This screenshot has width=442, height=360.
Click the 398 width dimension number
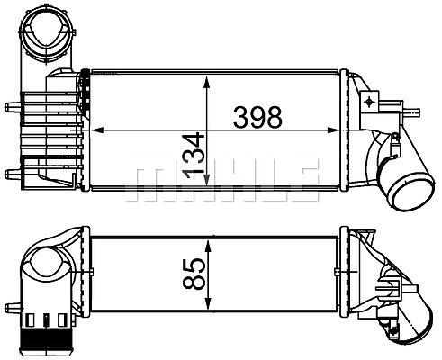coord(257,117)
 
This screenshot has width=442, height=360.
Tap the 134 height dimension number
coord(194,156)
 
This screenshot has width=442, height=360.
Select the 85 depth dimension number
coord(194,274)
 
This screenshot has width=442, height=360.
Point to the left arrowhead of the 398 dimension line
coord(96,130)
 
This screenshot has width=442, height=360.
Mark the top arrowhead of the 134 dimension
coord(206,82)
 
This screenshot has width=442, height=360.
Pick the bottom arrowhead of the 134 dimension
coord(206,179)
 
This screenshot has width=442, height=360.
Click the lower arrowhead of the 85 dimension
coord(208,302)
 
